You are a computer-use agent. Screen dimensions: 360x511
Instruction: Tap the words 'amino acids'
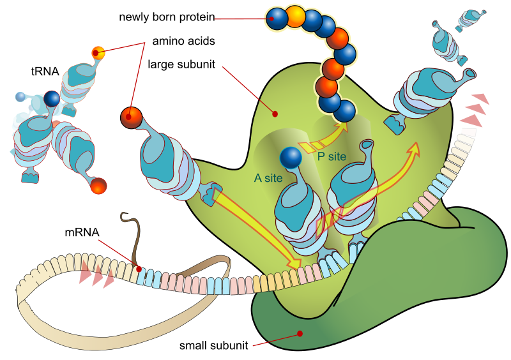point(183,40)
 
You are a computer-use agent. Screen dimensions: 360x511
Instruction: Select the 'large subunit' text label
point(181,64)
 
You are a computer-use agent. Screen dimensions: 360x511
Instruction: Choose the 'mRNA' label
point(81,232)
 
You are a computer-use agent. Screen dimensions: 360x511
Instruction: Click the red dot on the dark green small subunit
point(300,333)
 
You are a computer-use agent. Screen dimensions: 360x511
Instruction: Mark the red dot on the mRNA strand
point(139,269)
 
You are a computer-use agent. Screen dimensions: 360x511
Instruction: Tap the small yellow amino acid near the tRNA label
point(98,51)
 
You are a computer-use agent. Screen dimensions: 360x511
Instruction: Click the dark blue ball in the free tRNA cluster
point(51,98)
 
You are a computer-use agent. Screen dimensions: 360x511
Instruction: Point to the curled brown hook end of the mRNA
point(125,216)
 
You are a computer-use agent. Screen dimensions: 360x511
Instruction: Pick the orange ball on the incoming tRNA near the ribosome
point(130,117)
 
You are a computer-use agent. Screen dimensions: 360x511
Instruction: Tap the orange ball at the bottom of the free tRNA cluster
point(98,186)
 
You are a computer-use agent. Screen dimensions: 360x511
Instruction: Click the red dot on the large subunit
point(275,114)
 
